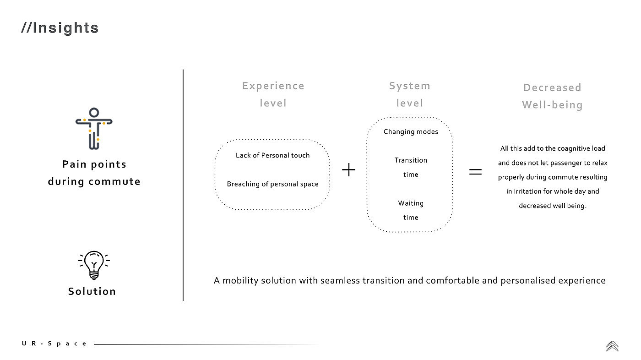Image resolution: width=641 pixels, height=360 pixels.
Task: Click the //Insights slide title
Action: (x=60, y=28)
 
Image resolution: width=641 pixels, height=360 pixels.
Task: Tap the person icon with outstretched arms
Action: (x=94, y=129)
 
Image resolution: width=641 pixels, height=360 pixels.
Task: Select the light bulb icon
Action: (x=94, y=265)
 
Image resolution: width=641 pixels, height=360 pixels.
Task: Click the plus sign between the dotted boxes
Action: (x=349, y=170)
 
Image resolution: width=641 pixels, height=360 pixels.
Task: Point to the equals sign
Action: (x=476, y=172)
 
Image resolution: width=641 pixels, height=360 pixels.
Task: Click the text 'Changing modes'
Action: (x=411, y=132)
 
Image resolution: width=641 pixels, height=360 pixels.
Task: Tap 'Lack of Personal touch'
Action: (x=272, y=155)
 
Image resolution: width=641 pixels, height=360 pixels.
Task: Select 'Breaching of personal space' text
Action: (x=272, y=184)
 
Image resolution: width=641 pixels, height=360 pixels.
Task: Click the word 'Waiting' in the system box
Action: (x=411, y=203)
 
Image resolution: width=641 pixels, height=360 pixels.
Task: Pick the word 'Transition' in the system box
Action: (x=411, y=160)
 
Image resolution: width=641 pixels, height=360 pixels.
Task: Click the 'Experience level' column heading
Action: (x=273, y=94)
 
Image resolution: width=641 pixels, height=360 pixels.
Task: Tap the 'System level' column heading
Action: (x=409, y=94)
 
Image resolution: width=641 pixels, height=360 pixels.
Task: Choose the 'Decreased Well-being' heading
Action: (x=552, y=96)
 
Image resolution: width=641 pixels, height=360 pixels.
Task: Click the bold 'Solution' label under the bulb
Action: (x=92, y=291)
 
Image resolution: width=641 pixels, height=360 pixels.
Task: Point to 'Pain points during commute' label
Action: (x=94, y=173)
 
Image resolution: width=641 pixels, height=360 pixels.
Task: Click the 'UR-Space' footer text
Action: (x=54, y=344)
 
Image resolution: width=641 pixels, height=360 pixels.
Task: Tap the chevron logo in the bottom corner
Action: (x=612, y=346)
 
